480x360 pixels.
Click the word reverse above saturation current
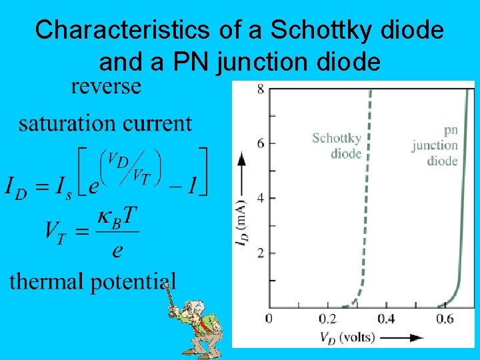[107, 87]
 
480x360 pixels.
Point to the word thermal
[50, 281]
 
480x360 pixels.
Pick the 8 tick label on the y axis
[261, 89]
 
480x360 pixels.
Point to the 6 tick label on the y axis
[261, 143]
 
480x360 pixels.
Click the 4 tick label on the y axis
[261, 198]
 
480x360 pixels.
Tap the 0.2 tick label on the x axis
[328, 319]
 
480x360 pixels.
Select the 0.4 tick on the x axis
[386, 319]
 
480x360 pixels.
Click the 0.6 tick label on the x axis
[444, 319]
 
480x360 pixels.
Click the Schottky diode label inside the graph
[337, 145]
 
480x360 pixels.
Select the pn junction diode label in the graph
[437, 145]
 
